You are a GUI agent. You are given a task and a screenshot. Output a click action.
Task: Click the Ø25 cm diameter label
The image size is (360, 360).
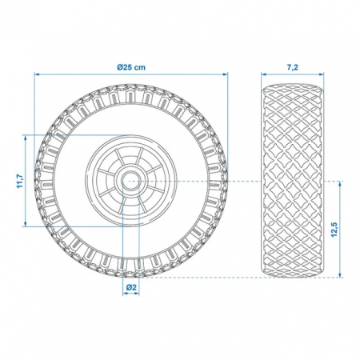point(131,67)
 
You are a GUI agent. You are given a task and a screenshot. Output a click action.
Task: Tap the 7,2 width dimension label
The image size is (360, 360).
point(292,67)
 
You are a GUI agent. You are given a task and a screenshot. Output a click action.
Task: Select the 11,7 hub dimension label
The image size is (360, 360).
point(20,181)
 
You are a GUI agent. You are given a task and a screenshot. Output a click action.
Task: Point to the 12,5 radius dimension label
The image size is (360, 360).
point(334,230)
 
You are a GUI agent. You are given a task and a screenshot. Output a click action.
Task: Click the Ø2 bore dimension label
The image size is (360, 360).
point(131,287)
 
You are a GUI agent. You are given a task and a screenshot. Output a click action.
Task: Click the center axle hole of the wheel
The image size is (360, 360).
point(131,181)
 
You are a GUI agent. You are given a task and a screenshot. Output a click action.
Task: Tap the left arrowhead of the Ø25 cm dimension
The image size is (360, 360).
point(37,74)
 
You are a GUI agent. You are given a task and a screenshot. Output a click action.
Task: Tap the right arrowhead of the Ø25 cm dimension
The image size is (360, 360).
point(226,74)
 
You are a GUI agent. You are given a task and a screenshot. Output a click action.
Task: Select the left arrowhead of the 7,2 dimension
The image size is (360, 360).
point(263,74)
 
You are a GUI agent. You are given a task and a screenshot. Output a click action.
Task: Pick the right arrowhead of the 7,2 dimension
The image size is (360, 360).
point(322,74)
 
